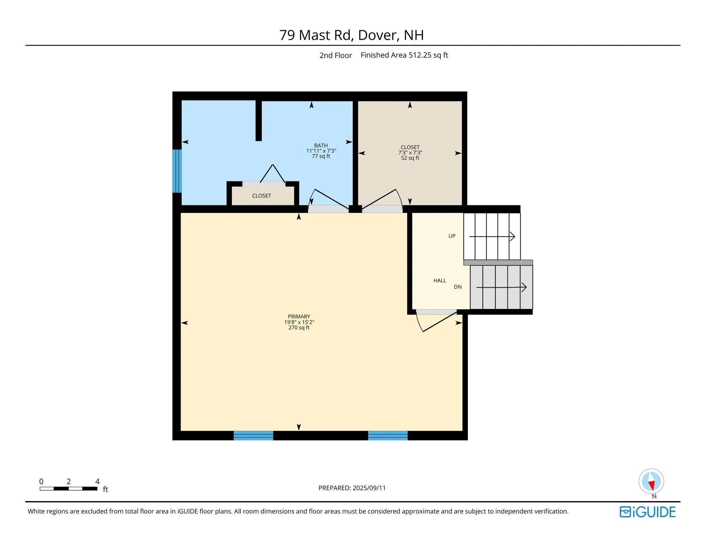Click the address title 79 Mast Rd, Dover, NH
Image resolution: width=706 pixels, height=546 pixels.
pyautogui.click(x=352, y=35)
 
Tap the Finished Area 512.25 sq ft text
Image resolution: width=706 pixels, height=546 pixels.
pyautogui.click(x=404, y=55)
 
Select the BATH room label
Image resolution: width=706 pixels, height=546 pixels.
pyautogui.click(x=321, y=145)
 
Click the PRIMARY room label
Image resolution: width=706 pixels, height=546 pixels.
pyautogui.click(x=299, y=317)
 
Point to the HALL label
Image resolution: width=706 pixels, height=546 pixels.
pyautogui.click(x=440, y=281)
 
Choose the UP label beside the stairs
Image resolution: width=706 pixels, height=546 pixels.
pyautogui.click(x=452, y=236)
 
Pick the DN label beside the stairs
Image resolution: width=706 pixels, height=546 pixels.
pyautogui.click(x=458, y=287)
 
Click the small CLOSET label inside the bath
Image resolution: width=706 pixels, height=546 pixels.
pyautogui.click(x=262, y=196)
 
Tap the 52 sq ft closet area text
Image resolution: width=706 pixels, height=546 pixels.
pyautogui.click(x=410, y=158)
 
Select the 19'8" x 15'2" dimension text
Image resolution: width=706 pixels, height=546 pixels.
pyautogui.click(x=299, y=322)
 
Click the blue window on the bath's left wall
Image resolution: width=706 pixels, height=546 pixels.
pyautogui.click(x=177, y=171)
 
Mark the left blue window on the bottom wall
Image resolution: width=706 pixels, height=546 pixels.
pyautogui.click(x=253, y=436)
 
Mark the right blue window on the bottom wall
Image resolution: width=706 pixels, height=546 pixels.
pyautogui.click(x=388, y=436)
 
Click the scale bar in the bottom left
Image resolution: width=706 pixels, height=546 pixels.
pyautogui.click(x=69, y=489)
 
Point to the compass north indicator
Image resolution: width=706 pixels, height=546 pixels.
pyautogui.click(x=651, y=482)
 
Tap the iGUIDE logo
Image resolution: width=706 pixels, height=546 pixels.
pyautogui.click(x=648, y=512)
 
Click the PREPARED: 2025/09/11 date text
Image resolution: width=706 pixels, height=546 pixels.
pyautogui.click(x=352, y=488)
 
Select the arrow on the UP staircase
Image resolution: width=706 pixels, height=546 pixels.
pyautogui.click(x=492, y=236)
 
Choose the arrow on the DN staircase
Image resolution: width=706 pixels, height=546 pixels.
pyautogui.click(x=502, y=287)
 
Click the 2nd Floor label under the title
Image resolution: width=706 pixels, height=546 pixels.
pyautogui.click(x=336, y=56)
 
